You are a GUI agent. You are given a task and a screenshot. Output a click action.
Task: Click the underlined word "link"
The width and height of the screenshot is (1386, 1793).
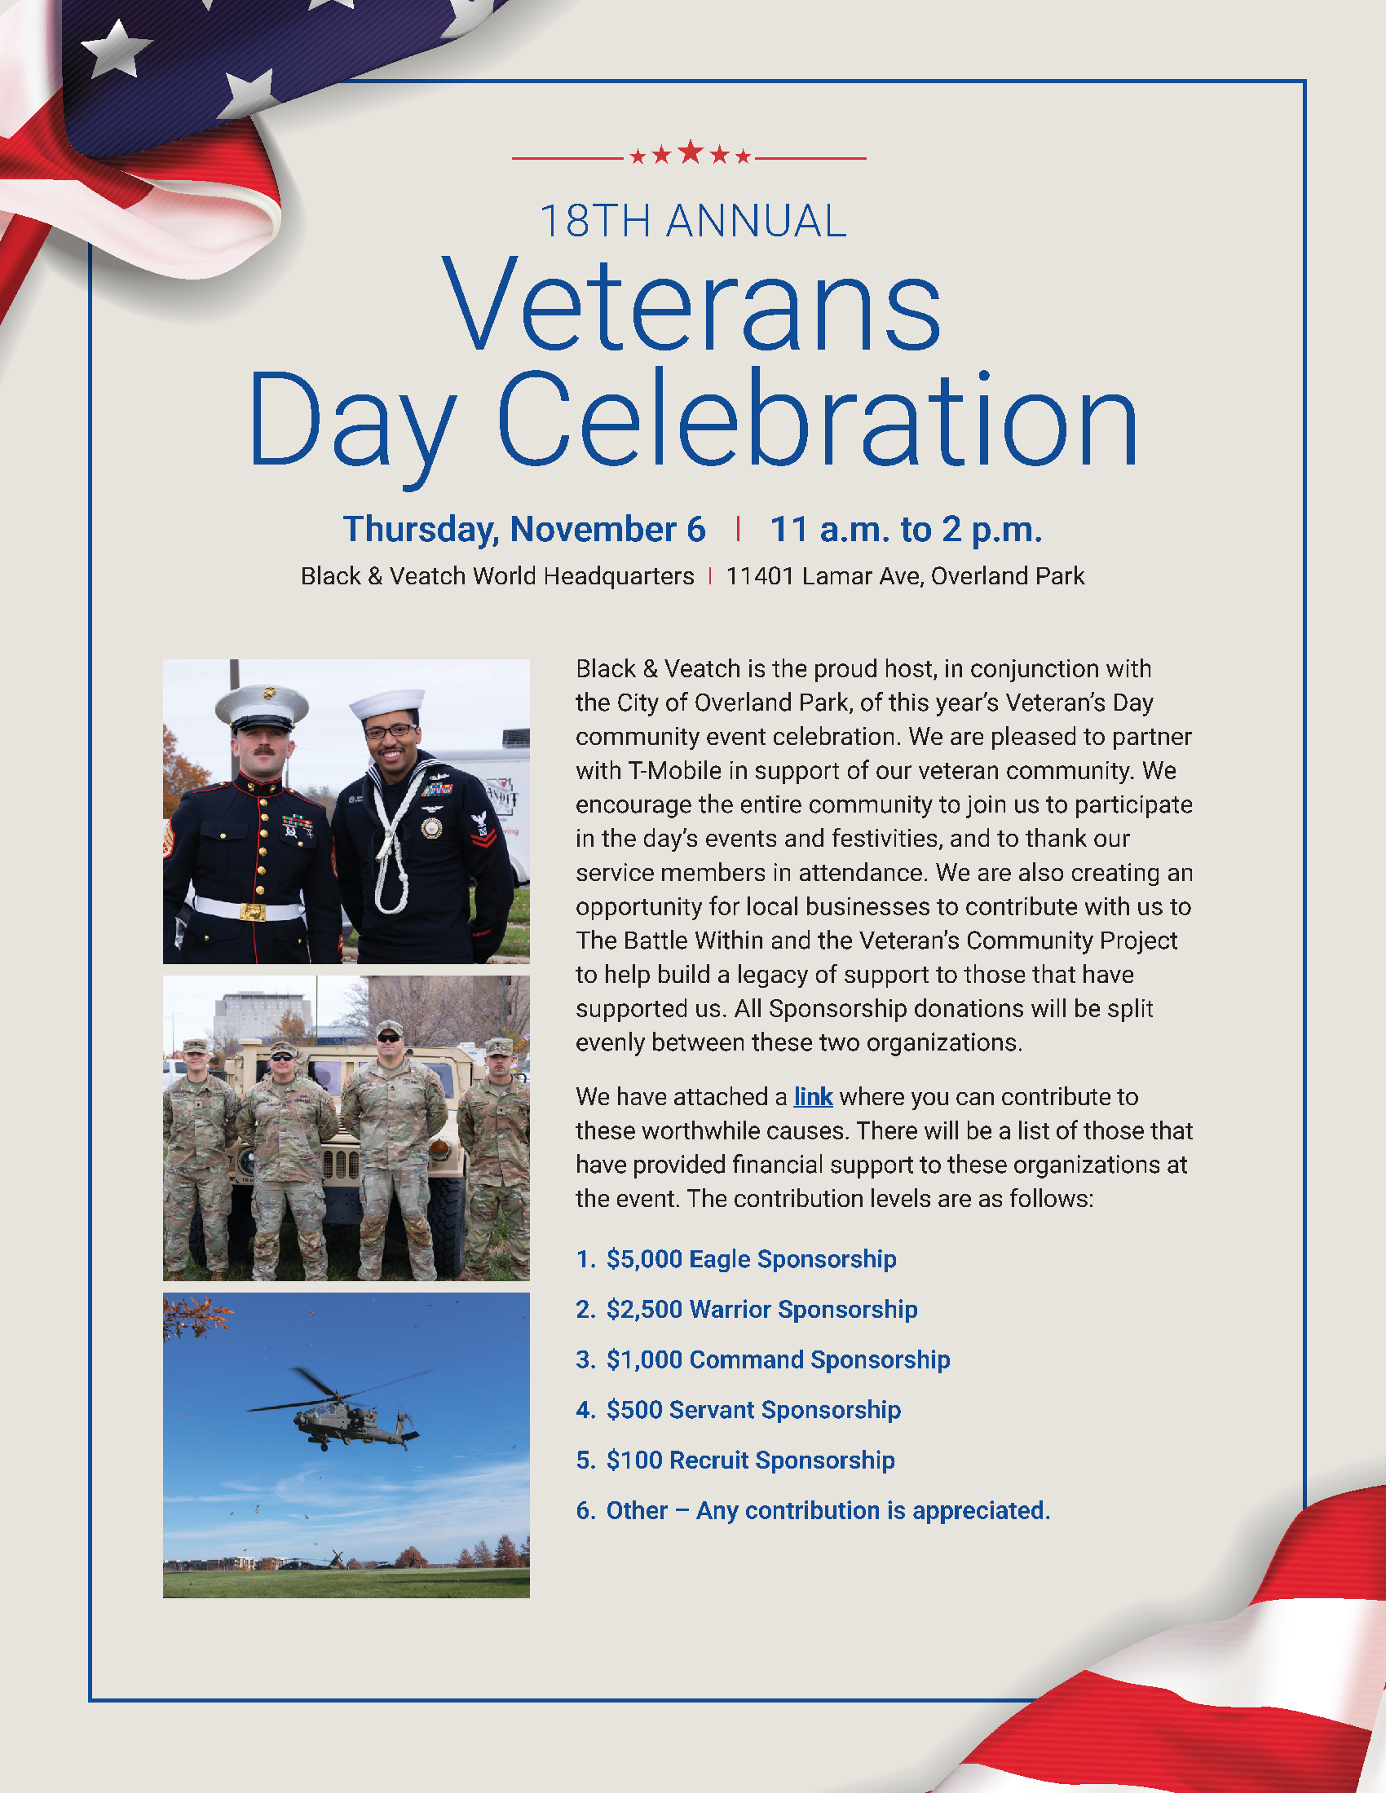pos(813,1097)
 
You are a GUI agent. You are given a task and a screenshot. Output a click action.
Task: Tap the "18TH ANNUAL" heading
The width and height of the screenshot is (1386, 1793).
pos(693,222)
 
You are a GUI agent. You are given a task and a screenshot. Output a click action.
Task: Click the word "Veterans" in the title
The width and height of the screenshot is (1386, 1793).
pos(692,305)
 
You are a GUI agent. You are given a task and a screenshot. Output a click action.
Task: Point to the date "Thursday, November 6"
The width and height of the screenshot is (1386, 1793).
pos(524,530)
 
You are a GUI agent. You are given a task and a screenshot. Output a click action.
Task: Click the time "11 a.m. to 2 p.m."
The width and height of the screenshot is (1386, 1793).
pos(906,530)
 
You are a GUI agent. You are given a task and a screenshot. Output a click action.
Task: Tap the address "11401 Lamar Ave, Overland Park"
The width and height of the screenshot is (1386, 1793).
pos(905,576)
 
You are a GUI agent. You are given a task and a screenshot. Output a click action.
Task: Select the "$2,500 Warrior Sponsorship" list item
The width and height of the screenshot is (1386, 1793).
pos(762,1310)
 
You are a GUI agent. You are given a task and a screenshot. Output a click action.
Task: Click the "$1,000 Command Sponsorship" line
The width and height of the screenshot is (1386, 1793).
pos(779,1359)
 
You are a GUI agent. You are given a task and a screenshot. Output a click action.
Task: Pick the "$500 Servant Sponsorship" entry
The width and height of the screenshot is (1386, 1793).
pos(754,1410)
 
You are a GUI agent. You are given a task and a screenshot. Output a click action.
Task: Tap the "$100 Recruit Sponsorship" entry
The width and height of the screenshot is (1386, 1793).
pos(750,1460)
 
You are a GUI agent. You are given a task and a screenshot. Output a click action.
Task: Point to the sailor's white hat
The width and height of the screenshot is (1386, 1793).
pos(386,704)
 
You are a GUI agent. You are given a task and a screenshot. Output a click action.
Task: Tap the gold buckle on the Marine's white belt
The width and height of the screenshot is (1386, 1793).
pos(253,912)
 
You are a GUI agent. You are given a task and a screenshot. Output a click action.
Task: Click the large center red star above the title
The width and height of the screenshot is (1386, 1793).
pos(691,152)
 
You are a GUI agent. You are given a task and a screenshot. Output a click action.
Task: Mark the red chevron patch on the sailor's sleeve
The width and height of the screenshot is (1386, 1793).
pos(483,832)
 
